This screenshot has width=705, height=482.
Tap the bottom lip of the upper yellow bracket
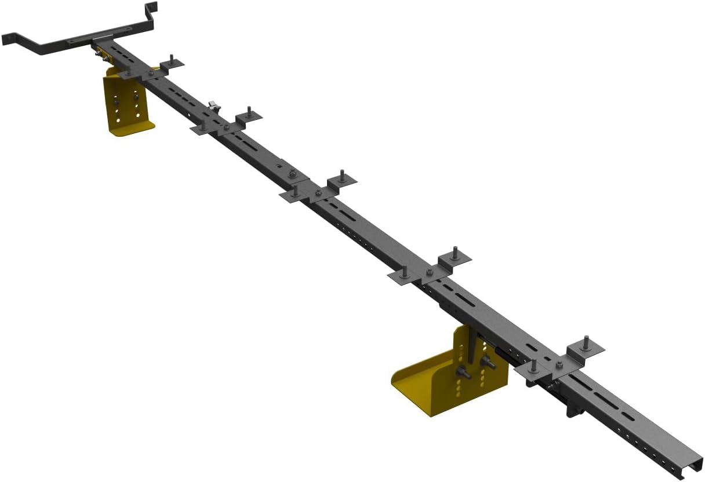pyautogui.click(x=132, y=127)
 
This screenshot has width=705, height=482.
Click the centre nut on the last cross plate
pyautogui.click(x=559, y=365)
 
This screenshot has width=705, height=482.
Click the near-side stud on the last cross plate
pyautogui.click(x=534, y=366)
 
